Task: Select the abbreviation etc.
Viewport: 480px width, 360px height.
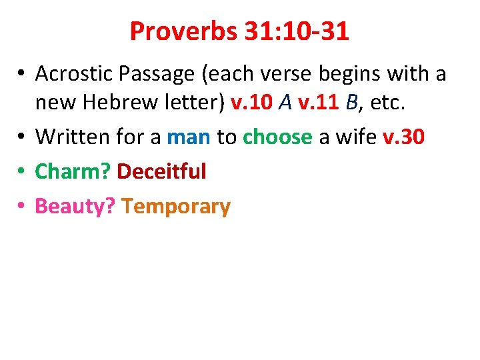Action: tap(389, 103)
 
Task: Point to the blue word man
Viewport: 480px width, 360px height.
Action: tap(189, 137)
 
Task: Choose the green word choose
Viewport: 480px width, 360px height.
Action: tap(277, 137)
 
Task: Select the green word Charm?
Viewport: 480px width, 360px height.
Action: tap(73, 172)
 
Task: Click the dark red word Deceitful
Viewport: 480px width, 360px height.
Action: tap(161, 172)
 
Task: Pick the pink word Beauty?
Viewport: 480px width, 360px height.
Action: tap(76, 207)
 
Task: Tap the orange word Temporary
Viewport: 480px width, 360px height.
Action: tap(177, 207)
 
